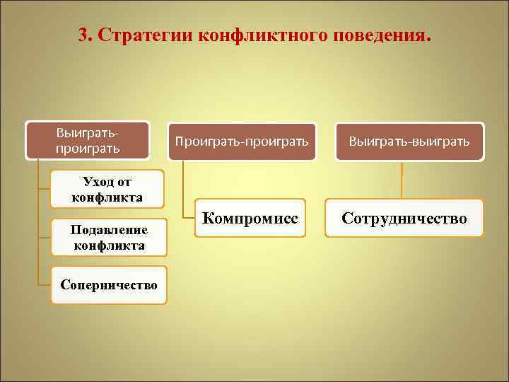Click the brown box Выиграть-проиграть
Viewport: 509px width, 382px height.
click(x=88, y=140)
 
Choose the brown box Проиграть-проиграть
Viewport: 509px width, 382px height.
click(x=242, y=141)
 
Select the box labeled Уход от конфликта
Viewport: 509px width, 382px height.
click(x=107, y=190)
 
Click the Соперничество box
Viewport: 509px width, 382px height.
click(x=108, y=284)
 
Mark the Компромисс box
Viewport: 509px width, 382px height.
click(x=250, y=218)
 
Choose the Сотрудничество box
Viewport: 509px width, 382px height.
click(x=404, y=218)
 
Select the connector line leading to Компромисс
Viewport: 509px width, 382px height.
click(x=183, y=187)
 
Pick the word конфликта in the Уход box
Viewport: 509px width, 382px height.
click(x=107, y=197)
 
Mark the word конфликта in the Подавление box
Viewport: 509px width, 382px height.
click(x=108, y=245)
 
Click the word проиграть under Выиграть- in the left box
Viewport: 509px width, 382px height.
click(x=88, y=149)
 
